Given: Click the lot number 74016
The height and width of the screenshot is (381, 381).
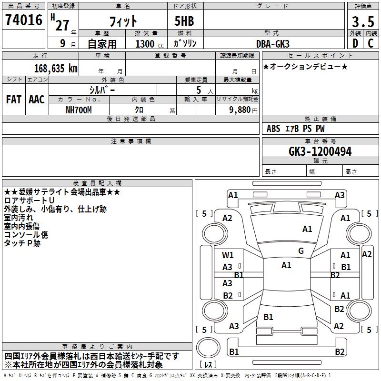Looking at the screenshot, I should pyautogui.click(x=23, y=20).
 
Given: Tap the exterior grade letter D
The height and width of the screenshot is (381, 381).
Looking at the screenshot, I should pyautogui.click(x=355, y=43).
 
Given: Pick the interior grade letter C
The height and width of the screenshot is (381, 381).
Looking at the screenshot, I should pyautogui.click(x=371, y=43).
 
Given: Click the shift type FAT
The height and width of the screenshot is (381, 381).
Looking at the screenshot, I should pyautogui.click(x=13, y=99).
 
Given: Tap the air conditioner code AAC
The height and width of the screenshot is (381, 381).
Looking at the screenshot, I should pyautogui.click(x=36, y=99).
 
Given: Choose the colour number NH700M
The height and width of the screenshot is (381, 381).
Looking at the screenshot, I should pyautogui.click(x=79, y=110).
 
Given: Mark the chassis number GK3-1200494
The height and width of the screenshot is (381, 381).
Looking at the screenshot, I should pyautogui.click(x=320, y=151).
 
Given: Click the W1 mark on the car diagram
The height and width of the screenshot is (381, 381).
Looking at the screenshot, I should pyautogui.click(x=228, y=255).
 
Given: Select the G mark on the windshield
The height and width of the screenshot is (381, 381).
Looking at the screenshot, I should pyautogui.click(x=301, y=251).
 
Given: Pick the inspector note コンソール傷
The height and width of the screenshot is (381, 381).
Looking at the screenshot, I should pyautogui.click(x=26, y=234).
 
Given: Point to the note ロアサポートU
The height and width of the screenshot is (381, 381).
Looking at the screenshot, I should pyautogui.click(x=29, y=201).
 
